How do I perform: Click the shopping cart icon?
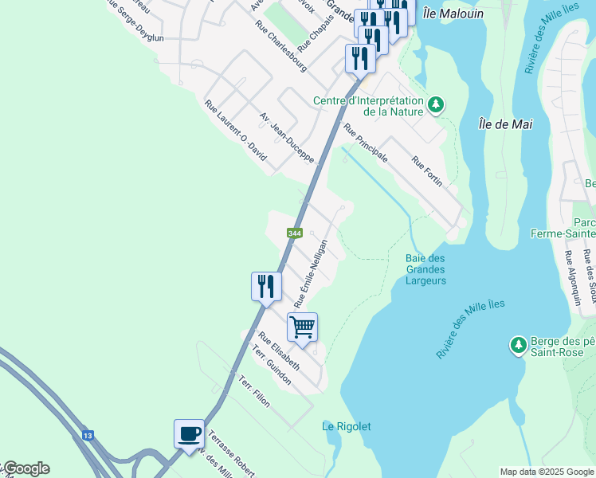tap(303, 327)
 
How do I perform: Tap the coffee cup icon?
tap(189, 434)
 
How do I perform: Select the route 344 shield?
tap(295, 233)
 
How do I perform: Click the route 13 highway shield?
tap(87, 436)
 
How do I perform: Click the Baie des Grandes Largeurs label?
tap(425, 269)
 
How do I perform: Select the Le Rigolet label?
tap(347, 426)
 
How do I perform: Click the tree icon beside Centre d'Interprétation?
tap(436, 104)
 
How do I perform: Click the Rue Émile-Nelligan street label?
tap(311, 273)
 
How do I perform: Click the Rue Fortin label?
tap(427, 172)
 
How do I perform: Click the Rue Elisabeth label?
tap(279, 352)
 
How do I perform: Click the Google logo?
tap(25, 468)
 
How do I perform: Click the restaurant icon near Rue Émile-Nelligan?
tap(266, 286)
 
